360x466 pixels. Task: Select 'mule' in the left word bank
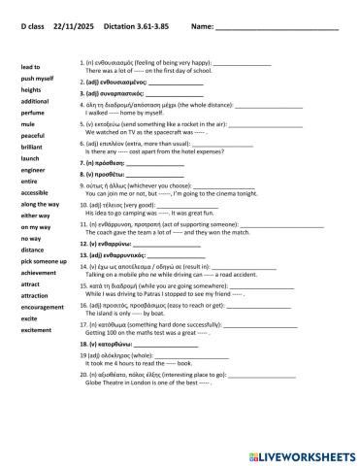(28, 124)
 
